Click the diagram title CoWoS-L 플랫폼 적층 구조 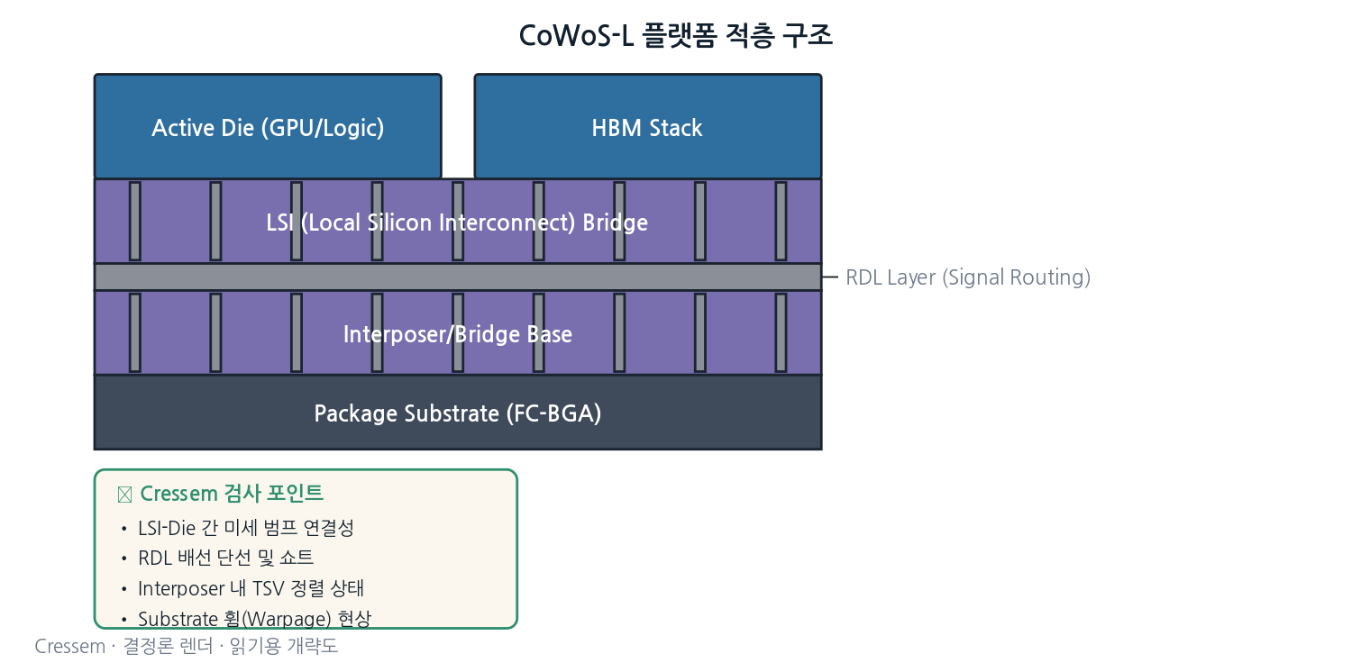click(x=675, y=35)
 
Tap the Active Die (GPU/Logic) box click(x=268, y=126)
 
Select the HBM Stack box click(x=648, y=126)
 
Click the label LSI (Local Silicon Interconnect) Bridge click(x=457, y=222)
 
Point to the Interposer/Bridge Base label click(x=458, y=334)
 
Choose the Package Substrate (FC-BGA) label click(x=458, y=413)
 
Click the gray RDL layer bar click(x=458, y=277)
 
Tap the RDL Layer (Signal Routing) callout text click(x=968, y=277)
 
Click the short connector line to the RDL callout click(x=830, y=277)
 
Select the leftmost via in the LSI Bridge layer click(x=135, y=222)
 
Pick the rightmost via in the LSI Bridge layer click(x=781, y=222)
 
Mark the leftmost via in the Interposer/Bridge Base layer click(x=135, y=333)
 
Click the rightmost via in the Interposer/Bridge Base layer click(x=781, y=333)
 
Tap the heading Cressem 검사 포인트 click(x=232, y=494)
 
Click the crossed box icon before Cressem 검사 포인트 click(x=125, y=495)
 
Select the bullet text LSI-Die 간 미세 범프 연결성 click(x=246, y=528)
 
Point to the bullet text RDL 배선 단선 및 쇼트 click(x=225, y=558)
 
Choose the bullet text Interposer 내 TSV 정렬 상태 click(x=251, y=588)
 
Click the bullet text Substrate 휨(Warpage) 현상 click(x=255, y=618)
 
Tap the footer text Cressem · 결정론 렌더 click(x=123, y=646)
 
